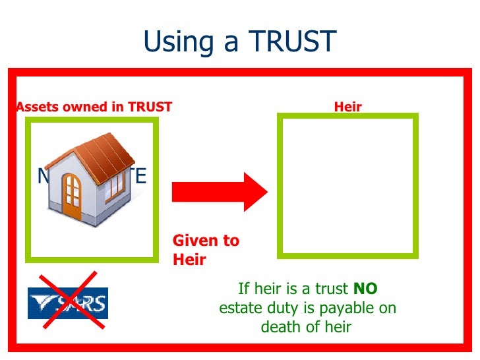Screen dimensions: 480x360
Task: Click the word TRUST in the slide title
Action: (x=292, y=42)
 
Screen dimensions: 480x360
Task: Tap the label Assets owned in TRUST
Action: (x=94, y=107)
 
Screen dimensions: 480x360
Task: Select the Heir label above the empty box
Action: (x=347, y=107)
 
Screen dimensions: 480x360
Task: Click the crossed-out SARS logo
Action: (x=67, y=303)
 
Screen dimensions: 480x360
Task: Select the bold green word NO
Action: (x=365, y=288)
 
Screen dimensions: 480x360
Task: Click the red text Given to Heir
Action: (x=206, y=250)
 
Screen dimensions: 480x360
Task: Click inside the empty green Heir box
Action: (x=347, y=185)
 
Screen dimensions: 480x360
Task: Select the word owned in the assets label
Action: (x=80, y=107)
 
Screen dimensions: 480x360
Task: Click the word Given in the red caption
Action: (x=191, y=241)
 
